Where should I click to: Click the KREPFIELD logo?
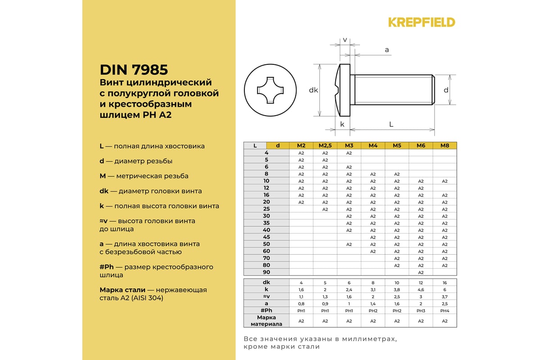pyautogui.click(x=422, y=22)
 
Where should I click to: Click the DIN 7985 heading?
pyautogui.click(x=134, y=70)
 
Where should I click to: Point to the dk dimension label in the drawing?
pyautogui.click(x=314, y=90)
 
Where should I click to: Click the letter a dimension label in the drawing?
pyautogui.click(x=387, y=50)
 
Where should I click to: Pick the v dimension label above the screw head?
pyautogui.click(x=345, y=40)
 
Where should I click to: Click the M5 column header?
pyautogui.click(x=397, y=145)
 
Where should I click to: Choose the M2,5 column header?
pyautogui.click(x=325, y=145)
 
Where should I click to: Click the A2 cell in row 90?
pyautogui.click(x=421, y=272)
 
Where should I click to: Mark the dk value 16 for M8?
pyautogui.click(x=445, y=283)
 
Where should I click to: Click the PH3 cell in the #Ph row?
pyautogui.click(x=421, y=310)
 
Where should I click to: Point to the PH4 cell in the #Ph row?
pyautogui.click(x=445, y=310)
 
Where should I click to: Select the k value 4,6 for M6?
pyautogui.click(x=421, y=289)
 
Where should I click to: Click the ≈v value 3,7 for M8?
pyautogui.click(x=445, y=297)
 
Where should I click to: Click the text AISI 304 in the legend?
pyautogui.click(x=146, y=298)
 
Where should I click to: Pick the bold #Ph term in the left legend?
pyautogui.click(x=106, y=267)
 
